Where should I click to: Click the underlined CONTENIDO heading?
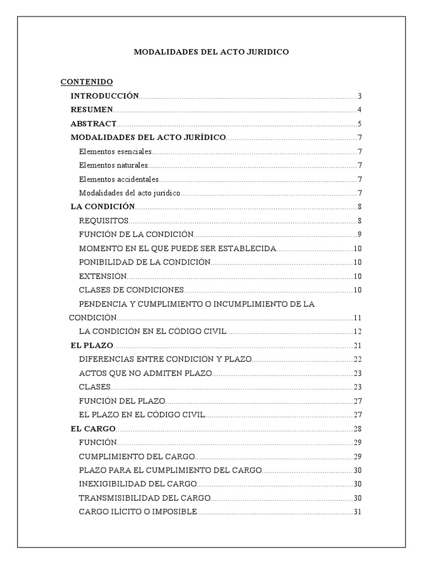86,82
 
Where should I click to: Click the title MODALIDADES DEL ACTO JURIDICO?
211,52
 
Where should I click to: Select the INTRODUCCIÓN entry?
105,96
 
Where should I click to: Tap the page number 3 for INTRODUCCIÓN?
359,96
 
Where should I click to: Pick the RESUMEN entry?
92,110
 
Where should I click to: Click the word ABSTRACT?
94,124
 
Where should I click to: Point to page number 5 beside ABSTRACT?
359,124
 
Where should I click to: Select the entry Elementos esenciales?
115,151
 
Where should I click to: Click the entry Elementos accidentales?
119,179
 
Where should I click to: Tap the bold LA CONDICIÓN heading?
103,207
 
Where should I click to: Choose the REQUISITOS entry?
104,221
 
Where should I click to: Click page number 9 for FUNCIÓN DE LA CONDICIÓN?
359,235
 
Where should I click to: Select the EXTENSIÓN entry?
103,276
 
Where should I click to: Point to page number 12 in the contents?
357,332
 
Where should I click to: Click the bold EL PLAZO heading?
92,345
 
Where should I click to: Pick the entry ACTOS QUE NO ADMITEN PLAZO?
145,373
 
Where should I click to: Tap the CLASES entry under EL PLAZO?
95,387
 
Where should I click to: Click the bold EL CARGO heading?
93,429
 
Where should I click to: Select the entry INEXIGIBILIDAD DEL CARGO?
138,484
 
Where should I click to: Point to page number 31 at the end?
357,512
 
